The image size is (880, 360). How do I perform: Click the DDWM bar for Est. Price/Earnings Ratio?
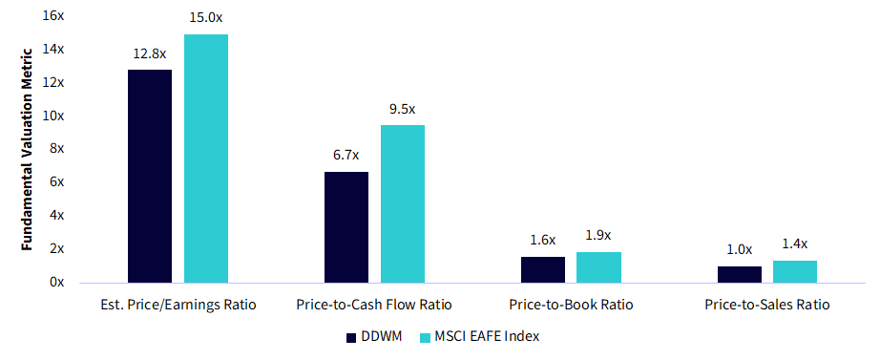pos(150,176)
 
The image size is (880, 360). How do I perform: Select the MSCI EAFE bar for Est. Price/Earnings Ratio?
pos(206,159)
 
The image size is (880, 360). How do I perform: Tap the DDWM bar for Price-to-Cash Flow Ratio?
pos(346,227)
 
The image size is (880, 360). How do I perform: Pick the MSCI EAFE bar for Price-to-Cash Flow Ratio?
pos(403,203)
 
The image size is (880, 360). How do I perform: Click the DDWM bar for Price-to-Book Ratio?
pos(543,269)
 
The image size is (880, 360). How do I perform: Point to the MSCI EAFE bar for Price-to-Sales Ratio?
pos(795,271)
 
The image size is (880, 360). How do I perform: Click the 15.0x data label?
pos(206,17)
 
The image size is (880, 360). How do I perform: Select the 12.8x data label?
pos(150,53)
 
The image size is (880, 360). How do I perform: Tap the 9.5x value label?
pos(403,109)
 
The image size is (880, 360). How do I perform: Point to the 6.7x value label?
pos(346,157)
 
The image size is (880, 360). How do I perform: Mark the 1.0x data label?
pos(739,249)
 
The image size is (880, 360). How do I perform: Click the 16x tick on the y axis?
pos(54,16)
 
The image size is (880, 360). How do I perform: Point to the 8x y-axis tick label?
pos(57,149)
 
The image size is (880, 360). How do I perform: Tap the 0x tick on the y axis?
pos(57,282)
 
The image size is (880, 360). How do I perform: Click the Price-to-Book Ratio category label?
pos(571,305)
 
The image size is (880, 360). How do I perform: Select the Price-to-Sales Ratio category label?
pos(766,305)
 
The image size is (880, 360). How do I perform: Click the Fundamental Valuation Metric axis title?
pos(28,148)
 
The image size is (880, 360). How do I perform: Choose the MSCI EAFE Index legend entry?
pos(479,337)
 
